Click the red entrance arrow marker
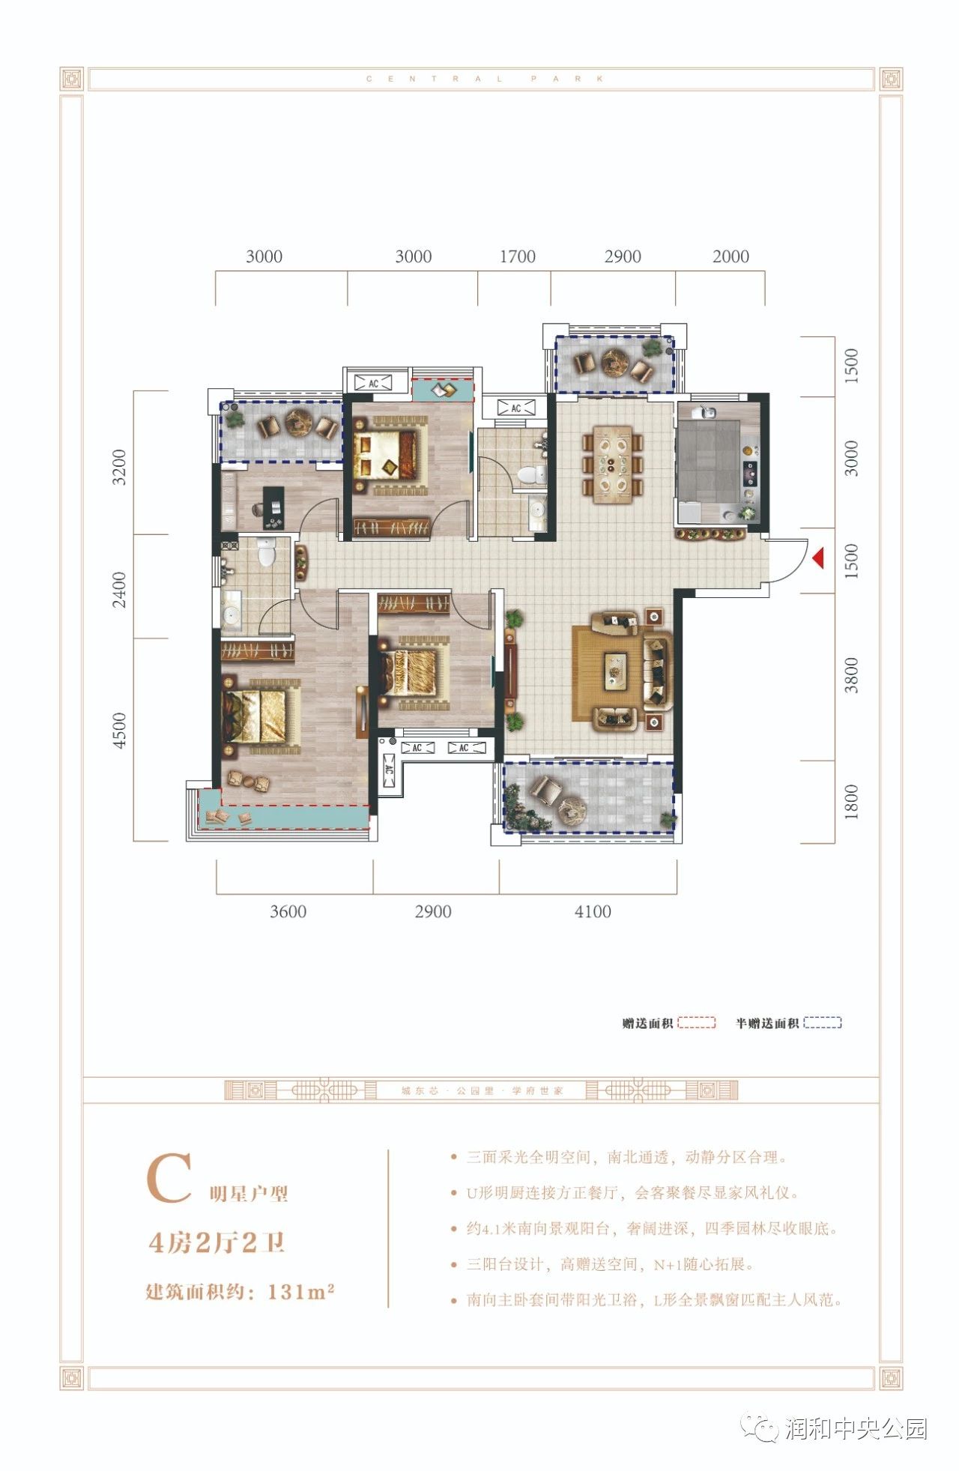[x=818, y=558]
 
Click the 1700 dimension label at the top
[x=518, y=256]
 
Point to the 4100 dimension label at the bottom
[x=593, y=911]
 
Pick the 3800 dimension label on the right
[x=851, y=675]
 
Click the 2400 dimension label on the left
[x=119, y=590]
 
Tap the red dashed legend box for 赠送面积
[x=697, y=1022]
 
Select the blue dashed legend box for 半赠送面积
[x=823, y=1022]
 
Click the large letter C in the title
[x=169, y=1179]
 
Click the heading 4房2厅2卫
[x=217, y=1242]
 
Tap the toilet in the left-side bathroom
[x=266, y=552]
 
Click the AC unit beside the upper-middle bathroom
[x=515, y=408]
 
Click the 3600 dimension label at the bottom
[x=288, y=911]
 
